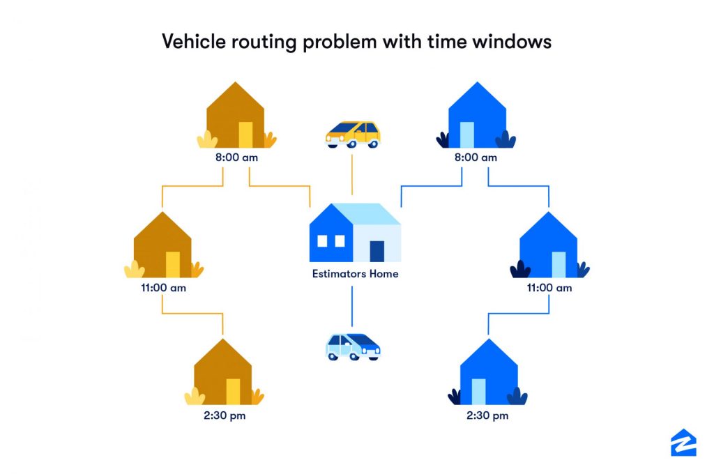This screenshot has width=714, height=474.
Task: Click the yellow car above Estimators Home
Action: coord(353,134)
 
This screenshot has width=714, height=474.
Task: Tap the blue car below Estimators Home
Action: coord(353,346)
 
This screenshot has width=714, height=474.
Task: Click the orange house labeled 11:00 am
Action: coord(162,245)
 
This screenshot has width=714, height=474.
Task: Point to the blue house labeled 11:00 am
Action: coord(548,245)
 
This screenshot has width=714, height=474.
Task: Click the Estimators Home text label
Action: coord(355,274)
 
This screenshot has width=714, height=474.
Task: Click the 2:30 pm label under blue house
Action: coord(488,416)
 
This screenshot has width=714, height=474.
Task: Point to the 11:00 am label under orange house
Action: coord(162,287)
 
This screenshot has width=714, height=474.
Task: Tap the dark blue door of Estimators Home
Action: coord(377,251)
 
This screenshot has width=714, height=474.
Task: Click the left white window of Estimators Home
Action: coord(322,241)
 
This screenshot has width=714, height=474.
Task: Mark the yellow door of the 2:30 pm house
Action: coord(233,391)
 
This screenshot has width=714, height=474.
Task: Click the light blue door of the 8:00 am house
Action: coord(466,135)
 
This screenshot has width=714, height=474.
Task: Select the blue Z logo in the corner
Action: coord(683,443)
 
